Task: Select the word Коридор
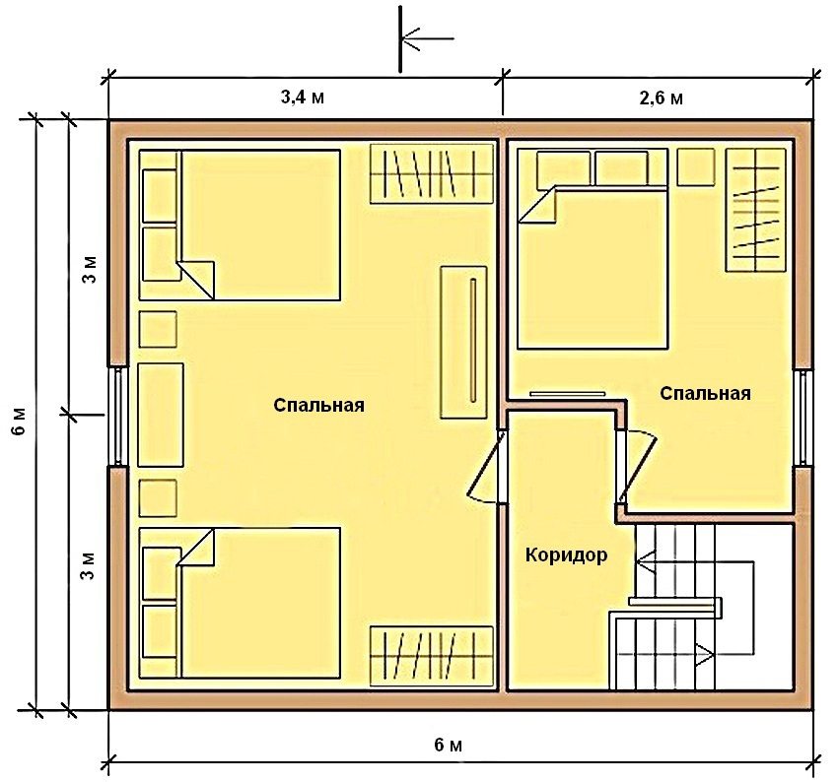coord(566,554)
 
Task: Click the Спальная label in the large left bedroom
coord(319,405)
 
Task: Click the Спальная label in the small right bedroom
coord(705,394)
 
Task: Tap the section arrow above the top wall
coord(424,39)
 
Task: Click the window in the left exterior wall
coord(116,415)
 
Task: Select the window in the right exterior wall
coord(803,415)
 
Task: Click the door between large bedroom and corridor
coord(487,467)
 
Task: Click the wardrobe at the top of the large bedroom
coord(431,173)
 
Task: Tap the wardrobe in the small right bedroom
coord(756,210)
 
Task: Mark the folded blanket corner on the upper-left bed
coord(197,278)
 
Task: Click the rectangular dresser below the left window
coord(161,415)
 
